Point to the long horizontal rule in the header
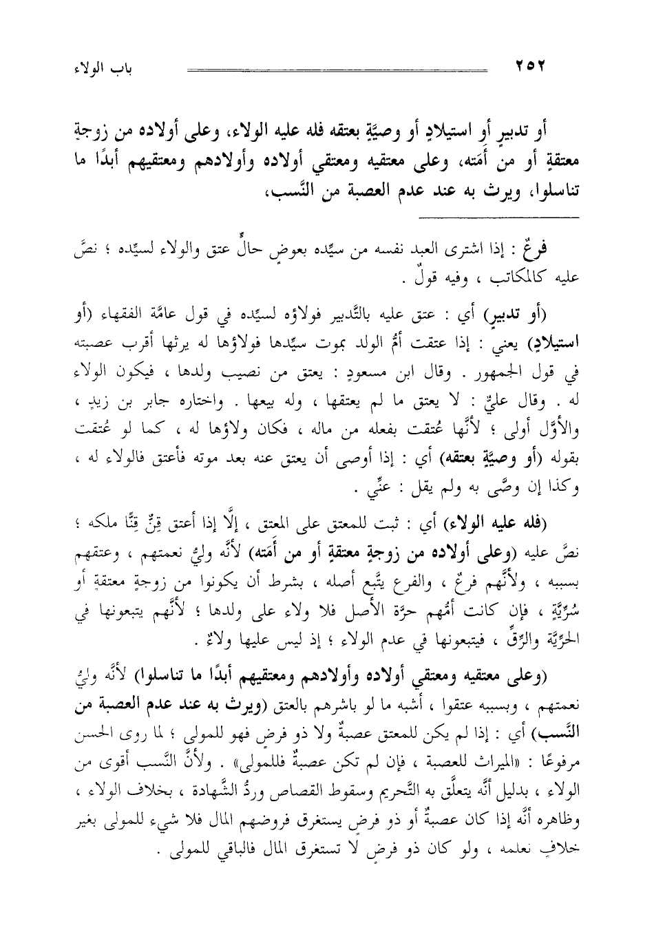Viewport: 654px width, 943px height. [x=337, y=69]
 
